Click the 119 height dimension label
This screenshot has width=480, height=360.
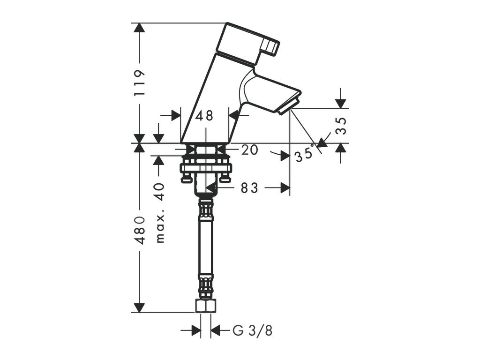coord(139,83)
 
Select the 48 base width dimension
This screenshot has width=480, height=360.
coord(205,115)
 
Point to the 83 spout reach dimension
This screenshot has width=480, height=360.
coord(249,188)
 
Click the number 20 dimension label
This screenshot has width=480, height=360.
coord(250,150)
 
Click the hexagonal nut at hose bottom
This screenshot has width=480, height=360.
coord(205,307)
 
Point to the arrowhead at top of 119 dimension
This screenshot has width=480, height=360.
coord(138,28)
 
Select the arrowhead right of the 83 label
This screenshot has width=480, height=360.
coord(284,188)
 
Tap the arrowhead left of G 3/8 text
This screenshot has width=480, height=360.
coord(197,331)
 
